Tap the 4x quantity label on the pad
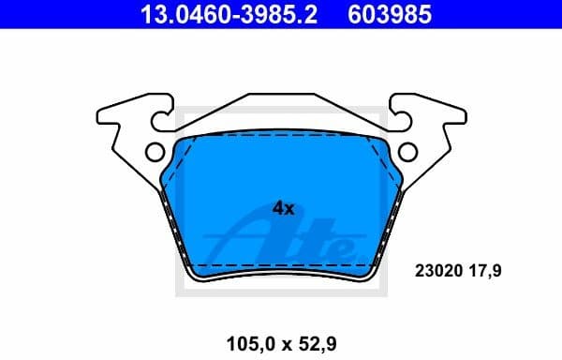(x=283, y=209)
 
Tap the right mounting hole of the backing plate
(x=407, y=151)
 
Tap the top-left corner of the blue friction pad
(x=178, y=142)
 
